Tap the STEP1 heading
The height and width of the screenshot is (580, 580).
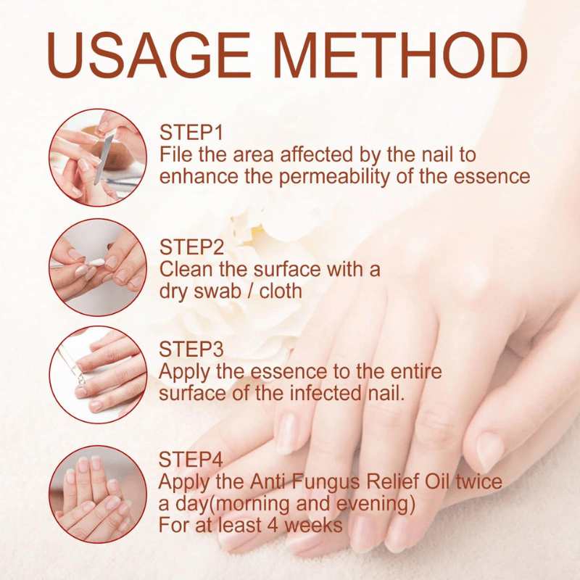pos(192,133)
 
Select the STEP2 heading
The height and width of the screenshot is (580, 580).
pos(192,247)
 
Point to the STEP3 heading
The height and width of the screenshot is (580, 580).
pos(192,349)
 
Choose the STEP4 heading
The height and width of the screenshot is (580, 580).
pos(192,460)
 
